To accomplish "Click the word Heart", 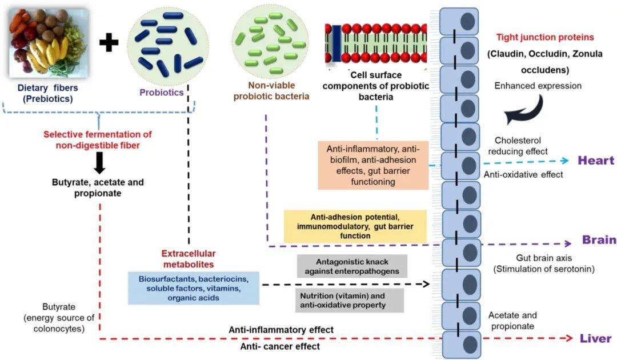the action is click(x=596, y=161).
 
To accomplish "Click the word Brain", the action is click(x=599, y=239).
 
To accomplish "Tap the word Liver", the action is click(x=596, y=338).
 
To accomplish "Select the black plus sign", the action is click(x=109, y=42).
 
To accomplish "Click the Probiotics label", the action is click(x=162, y=93).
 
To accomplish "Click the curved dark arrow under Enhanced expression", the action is click(x=524, y=110).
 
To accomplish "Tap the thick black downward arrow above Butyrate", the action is click(x=99, y=162).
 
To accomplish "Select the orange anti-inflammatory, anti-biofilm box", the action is click(x=373, y=165).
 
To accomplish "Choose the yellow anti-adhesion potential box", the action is click(x=355, y=226).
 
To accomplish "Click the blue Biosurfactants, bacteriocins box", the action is click(x=194, y=288).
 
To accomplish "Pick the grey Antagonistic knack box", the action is click(x=352, y=266).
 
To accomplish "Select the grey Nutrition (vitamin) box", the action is click(x=350, y=301).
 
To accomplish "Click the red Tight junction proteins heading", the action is click(x=545, y=37).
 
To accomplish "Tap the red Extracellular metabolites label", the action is click(x=189, y=259).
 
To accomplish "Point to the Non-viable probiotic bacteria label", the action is click(x=271, y=91).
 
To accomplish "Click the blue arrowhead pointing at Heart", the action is click(x=565, y=161).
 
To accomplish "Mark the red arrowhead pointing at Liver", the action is click(x=568, y=338).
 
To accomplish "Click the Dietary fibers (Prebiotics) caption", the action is click(x=47, y=93).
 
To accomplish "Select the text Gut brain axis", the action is click(x=544, y=258).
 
